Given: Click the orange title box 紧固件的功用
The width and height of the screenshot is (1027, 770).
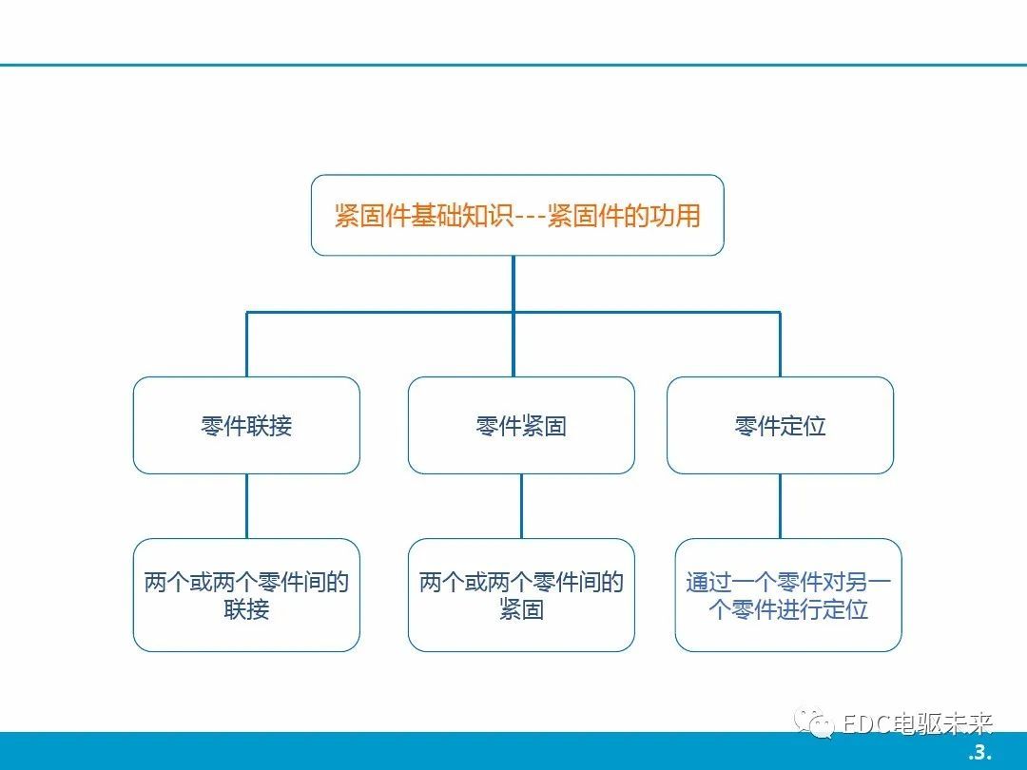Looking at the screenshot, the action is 517,215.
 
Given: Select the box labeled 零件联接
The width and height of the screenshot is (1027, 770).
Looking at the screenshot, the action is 246,426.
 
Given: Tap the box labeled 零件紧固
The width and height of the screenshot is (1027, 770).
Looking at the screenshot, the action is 521,426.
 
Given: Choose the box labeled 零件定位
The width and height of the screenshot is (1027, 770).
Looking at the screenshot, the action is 780,426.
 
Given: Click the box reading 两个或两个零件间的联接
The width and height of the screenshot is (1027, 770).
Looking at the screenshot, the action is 246,595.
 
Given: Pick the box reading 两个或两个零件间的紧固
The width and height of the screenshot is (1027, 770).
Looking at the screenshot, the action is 521,595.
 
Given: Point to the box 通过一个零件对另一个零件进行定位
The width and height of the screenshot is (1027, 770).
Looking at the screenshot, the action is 788,595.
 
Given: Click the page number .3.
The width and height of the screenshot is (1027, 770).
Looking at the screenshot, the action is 979,752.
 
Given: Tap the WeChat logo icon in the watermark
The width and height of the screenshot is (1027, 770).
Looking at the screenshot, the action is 813,722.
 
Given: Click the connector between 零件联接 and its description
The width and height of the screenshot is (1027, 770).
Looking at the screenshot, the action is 247,506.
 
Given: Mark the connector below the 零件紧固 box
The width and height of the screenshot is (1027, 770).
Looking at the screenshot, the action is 521,506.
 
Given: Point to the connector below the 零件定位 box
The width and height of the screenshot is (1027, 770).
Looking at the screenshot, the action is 780,506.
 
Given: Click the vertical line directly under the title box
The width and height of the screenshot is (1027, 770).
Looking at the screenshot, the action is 513,283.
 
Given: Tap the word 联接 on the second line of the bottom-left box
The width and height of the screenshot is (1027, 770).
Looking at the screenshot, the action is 246,609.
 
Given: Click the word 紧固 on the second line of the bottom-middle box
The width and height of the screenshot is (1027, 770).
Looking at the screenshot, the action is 521,609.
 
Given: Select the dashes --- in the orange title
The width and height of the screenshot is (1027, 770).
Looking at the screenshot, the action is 530,216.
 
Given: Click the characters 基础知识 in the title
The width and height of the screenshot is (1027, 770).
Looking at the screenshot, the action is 462,216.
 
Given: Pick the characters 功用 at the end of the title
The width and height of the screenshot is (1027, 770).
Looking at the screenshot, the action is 675,216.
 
